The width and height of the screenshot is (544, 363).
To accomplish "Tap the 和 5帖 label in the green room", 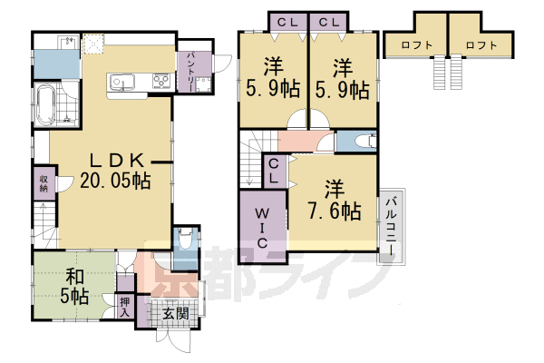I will click(73, 286).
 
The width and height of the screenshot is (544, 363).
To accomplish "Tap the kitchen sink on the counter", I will click(121, 84).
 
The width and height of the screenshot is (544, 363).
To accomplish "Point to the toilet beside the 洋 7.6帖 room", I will click(362, 142).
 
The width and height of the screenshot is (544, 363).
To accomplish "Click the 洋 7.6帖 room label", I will click(336, 200).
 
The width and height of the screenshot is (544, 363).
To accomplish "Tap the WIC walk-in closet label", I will click(261, 226).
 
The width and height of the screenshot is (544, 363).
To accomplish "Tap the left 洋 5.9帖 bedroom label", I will click(272, 79).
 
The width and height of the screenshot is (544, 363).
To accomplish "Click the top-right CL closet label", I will click(328, 21).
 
